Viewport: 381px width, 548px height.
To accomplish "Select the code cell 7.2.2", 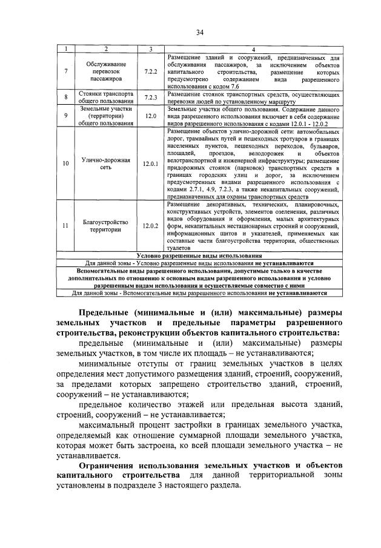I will click(151, 71).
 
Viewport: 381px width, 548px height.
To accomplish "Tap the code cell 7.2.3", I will click(151, 97).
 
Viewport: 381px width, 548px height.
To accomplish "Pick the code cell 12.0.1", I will click(151, 163).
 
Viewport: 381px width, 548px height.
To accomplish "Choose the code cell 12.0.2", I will click(151, 226).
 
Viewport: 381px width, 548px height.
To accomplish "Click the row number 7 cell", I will click(65, 71).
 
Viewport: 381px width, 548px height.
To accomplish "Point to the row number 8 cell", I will click(65, 97).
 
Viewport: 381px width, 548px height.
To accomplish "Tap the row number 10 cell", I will click(65, 163).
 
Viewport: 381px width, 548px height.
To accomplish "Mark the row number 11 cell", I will click(65, 226).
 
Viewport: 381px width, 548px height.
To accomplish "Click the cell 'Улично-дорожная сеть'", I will click(106, 163).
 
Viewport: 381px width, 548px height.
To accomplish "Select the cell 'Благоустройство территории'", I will click(106, 226).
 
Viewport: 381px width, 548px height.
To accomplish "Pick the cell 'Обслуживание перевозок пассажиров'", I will click(106, 71).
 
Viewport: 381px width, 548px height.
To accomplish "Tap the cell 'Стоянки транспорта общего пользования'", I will click(106, 97).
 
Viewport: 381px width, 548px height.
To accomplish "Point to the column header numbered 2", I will click(106, 48).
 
